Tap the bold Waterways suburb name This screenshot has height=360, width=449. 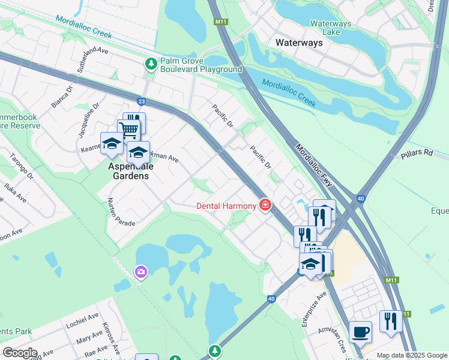299,43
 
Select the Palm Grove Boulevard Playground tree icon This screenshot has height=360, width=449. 151,63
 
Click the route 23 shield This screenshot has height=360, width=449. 141,102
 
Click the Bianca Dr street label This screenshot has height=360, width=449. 61,97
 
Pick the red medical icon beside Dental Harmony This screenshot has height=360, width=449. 265,206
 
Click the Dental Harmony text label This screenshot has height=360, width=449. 226,206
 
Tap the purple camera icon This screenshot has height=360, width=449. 141,272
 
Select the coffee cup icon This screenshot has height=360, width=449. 360,332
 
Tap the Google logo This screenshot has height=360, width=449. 19,353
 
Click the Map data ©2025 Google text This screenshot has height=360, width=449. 412,355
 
